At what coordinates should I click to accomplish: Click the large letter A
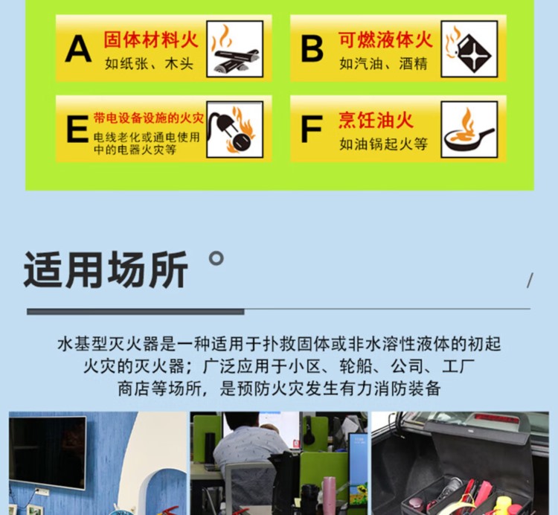pyautogui.click(x=78, y=49)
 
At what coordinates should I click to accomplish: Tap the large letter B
pyautogui.click(x=312, y=49)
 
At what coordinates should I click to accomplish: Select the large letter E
pyautogui.click(x=77, y=129)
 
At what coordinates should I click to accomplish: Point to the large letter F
pyautogui.click(x=311, y=129)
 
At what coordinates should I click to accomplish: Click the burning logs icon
pyautogui.click(x=235, y=49)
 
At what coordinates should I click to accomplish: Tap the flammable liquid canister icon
pyautogui.click(x=469, y=49)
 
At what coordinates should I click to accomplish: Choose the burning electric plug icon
pyautogui.click(x=235, y=129)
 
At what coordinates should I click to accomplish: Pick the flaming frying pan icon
pyautogui.click(x=469, y=129)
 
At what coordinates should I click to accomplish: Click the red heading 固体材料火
pyautogui.click(x=150, y=39)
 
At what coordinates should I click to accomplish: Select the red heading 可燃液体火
pyautogui.click(x=385, y=39)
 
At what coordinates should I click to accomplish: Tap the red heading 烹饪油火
pyautogui.click(x=376, y=120)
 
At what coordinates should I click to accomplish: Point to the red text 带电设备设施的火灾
pyautogui.click(x=148, y=118)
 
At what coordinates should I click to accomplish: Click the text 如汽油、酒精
pyautogui.click(x=383, y=64)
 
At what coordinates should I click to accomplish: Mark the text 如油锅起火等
pyautogui.click(x=383, y=144)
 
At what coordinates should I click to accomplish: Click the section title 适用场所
pyautogui.click(x=106, y=269)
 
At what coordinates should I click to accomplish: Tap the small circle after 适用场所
pyautogui.click(x=216, y=258)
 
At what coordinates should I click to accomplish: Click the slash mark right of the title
pyautogui.click(x=530, y=280)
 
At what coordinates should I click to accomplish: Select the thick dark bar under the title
pyautogui.click(x=135, y=312)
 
